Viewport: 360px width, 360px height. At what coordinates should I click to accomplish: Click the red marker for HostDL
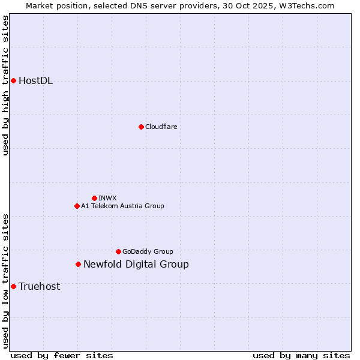tap(13, 80)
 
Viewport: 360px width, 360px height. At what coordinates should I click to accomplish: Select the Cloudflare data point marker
tap(141, 127)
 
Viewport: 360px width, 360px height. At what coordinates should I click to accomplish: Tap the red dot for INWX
tap(94, 198)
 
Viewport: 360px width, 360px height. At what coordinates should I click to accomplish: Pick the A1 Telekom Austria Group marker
tap(77, 206)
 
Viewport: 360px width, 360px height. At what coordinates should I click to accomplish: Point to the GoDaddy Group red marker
tap(118, 251)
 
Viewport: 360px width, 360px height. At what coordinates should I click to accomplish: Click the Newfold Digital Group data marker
tap(78, 264)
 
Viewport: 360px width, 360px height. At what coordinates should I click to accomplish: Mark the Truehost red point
tap(13, 286)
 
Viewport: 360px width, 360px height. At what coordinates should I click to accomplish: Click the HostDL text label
tap(35, 81)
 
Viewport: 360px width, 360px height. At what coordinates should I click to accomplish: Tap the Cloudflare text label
tap(161, 127)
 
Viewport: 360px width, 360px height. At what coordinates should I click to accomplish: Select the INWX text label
tap(107, 198)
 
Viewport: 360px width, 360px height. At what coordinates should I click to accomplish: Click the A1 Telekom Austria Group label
tap(122, 206)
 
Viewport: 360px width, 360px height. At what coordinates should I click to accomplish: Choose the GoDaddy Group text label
tap(148, 251)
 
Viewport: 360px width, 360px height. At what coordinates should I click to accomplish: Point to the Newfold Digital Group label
tap(136, 264)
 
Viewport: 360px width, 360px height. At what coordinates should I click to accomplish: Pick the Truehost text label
tap(39, 286)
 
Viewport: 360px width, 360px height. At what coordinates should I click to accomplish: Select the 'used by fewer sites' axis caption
tap(62, 355)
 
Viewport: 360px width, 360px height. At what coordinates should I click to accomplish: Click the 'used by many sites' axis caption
tap(301, 355)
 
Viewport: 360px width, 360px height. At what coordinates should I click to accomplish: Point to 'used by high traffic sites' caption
tap(5, 85)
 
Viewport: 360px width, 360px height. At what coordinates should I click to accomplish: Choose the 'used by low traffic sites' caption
tap(5, 280)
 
